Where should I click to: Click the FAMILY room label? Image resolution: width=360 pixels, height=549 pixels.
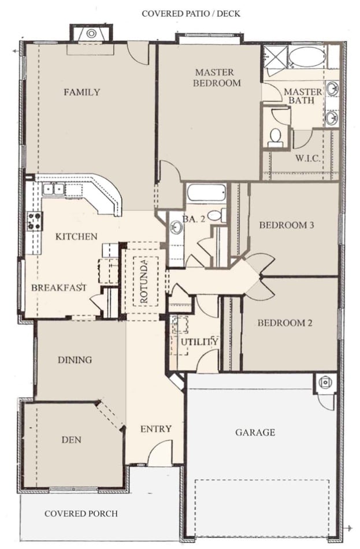click(81, 92)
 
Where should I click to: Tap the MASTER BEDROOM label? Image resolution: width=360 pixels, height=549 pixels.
click(214, 77)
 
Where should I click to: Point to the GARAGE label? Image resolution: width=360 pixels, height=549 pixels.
click(255, 432)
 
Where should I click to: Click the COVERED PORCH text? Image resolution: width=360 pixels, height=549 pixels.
click(81, 513)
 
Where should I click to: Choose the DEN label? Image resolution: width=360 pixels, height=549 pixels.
click(71, 440)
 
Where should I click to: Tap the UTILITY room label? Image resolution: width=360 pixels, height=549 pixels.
click(199, 342)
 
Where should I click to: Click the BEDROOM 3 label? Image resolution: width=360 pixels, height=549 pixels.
click(286, 225)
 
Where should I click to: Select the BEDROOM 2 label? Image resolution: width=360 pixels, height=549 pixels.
click(285, 323)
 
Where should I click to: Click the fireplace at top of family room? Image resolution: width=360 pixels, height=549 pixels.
click(91, 34)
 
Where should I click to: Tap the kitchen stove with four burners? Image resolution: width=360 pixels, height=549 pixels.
click(34, 220)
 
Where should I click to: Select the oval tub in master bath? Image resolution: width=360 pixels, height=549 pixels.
click(306, 57)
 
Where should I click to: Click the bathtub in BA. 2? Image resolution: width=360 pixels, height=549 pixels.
click(206, 192)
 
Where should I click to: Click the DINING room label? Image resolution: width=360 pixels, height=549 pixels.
click(75, 360)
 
